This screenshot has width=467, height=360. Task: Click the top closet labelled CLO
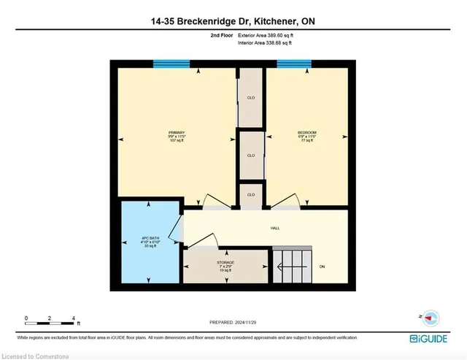coord(250,97)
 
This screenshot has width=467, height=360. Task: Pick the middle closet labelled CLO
coord(250,155)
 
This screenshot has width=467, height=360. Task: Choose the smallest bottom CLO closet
coord(250,195)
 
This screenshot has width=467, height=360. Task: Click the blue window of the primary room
coord(171,64)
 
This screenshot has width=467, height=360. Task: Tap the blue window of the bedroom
coord(294,64)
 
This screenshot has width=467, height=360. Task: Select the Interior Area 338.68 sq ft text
coord(269,43)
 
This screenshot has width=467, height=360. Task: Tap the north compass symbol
coord(431,318)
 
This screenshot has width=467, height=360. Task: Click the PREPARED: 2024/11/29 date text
coord(233,322)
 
